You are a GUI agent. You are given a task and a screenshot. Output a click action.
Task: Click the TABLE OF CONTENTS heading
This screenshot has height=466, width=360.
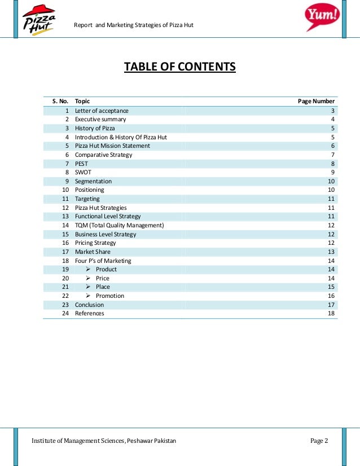[x=180, y=68]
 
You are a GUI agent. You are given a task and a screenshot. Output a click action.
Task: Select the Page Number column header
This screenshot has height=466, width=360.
[x=316, y=102]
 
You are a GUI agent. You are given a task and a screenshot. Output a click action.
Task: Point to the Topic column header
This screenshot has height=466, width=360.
[x=82, y=102]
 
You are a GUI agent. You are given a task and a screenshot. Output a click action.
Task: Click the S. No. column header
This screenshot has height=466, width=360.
[x=60, y=102]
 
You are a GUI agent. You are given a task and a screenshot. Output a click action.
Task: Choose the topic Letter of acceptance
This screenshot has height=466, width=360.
[x=102, y=111]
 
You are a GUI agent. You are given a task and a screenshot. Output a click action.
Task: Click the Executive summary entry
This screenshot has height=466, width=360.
[x=100, y=120]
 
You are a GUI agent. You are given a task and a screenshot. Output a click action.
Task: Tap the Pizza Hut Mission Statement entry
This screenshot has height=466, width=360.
[x=112, y=146]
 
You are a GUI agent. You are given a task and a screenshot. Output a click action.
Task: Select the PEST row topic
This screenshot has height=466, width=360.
[x=82, y=164]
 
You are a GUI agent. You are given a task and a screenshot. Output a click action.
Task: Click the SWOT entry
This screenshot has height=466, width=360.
[x=83, y=172]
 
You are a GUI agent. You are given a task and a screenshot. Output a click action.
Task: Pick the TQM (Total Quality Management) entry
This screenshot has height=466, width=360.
[x=119, y=225]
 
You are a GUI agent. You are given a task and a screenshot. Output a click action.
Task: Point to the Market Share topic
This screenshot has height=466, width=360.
[x=93, y=252]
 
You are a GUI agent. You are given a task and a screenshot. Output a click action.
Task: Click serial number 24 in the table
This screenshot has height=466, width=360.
[x=65, y=313]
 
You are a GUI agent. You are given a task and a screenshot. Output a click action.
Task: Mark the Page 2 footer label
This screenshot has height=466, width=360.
[x=319, y=441]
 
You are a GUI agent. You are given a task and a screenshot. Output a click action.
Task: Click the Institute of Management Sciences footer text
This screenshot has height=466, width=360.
[x=104, y=441]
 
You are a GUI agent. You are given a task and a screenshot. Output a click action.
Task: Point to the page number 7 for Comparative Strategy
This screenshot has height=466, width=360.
[x=333, y=155]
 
